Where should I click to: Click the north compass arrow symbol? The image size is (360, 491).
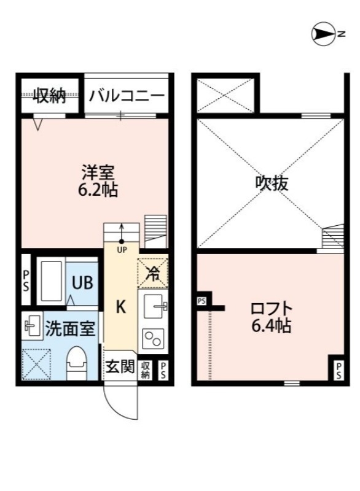(x=323, y=34)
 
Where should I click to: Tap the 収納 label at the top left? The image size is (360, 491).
(x=49, y=96)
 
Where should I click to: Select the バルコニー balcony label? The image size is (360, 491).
(x=126, y=96)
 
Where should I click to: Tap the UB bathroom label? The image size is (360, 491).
(x=82, y=283)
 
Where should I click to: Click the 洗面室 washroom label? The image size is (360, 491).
(x=70, y=328)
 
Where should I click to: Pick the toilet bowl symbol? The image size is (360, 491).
(x=76, y=362)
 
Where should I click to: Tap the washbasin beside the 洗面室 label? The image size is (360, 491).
(x=31, y=327)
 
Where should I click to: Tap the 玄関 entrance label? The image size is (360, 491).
(x=120, y=367)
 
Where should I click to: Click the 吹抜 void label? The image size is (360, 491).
(x=272, y=182)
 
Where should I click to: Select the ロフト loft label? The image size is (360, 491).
(x=271, y=308)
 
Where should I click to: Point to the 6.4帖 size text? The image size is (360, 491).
(x=271, y=327)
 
